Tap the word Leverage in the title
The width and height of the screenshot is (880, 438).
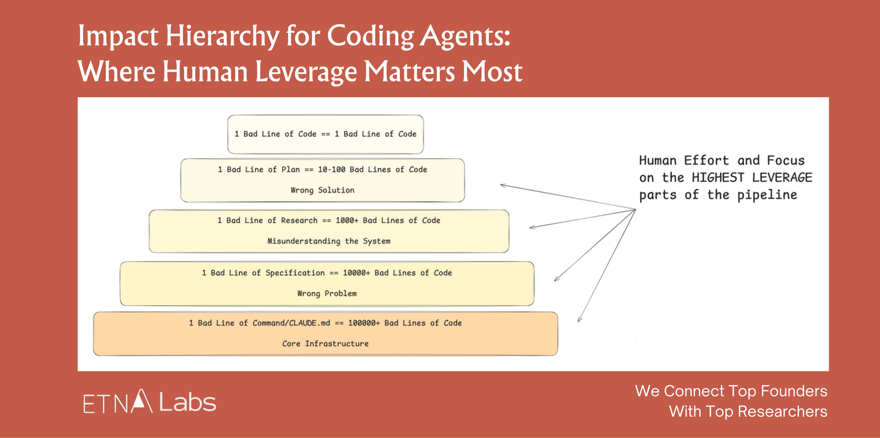[x=306, y=72]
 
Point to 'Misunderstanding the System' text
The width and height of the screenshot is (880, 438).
[x=329, y=241]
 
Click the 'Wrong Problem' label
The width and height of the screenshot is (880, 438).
[x=327, y=293]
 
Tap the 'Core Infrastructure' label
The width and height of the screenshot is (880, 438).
[x=325, y=343]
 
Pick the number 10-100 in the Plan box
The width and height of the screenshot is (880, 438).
[x=331, y=170]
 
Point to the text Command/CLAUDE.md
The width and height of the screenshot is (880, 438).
[x=291, y=323]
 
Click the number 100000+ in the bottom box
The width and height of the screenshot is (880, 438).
[x=364, y=323]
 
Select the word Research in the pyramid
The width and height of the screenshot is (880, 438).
[x=299, y=220]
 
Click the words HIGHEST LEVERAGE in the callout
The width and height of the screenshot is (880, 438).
[x=752, y=178]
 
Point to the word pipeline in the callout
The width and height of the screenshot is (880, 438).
[x=767, y=195]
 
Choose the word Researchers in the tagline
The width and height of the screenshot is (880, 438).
[x=783, y=411]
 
